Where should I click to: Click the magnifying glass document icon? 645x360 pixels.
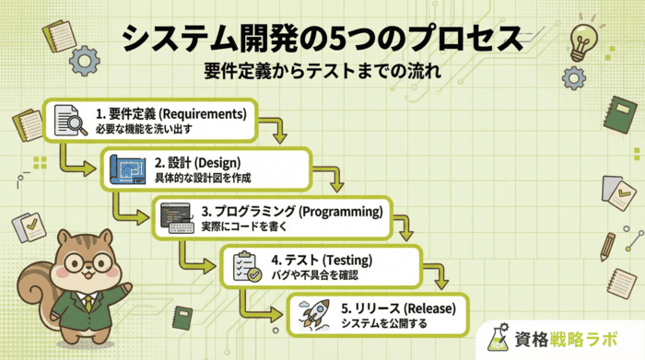tap(65, 121)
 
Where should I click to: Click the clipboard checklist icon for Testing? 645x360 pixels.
tap(244, 266)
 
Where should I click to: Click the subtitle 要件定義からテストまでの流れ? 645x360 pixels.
tap(322, 71)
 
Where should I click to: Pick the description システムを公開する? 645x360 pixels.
tap(384, 323)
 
